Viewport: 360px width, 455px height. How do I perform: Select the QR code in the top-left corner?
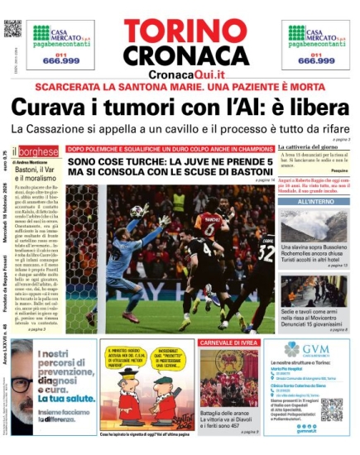12,29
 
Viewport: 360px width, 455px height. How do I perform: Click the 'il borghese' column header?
39,152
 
